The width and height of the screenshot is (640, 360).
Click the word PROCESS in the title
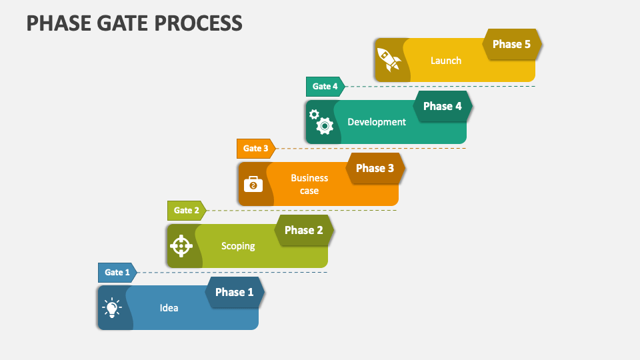[199, 23]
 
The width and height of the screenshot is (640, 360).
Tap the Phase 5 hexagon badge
[512, 44]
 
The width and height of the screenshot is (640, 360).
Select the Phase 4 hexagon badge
[443, 106]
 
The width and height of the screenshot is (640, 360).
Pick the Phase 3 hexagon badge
[375, 168]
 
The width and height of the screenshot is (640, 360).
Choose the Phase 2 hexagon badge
[304, 230]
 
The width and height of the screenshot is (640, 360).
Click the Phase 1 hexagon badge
[235, 292]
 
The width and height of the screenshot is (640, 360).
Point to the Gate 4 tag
[325, 87]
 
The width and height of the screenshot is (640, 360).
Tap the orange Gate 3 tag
[256, 149]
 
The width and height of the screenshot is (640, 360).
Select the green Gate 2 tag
[187, 211]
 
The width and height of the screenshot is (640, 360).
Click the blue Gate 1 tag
[117, 273]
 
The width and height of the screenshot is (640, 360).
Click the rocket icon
[389, 59]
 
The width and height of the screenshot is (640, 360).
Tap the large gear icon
[325, 126]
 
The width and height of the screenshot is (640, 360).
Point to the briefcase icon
[253, 184]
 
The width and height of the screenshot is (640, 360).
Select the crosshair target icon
[181, 246]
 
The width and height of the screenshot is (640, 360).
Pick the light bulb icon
[112, 308]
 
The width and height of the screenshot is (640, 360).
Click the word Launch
[446, 61]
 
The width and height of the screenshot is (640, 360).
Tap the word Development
[377, 122]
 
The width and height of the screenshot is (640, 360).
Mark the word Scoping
[238, 246]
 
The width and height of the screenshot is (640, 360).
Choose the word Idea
[169, 308]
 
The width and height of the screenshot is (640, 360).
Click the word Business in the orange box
[309, 178]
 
